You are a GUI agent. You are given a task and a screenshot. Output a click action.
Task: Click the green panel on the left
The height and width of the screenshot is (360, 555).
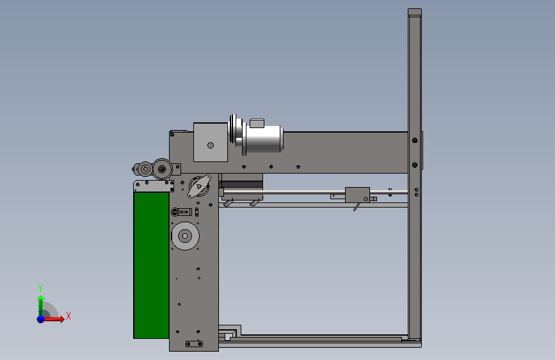(x=151, y=265)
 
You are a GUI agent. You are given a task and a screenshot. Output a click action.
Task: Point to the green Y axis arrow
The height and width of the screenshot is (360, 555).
(x=40, y=306)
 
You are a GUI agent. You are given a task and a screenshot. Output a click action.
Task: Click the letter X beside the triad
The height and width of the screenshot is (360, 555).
(x=68, y=316)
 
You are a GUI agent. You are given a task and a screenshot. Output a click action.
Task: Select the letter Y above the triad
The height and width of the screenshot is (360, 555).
(x=40, y=288)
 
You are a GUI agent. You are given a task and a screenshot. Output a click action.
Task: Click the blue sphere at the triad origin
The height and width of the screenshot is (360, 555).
(x=41, y=319)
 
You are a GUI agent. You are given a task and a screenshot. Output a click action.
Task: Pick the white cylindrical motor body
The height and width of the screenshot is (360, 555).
(x=262, y=139)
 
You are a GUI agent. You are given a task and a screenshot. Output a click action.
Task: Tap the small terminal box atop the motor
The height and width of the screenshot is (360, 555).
(x=257, y=123)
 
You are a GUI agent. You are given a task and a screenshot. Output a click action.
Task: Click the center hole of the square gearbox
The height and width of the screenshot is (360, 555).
(x=211, y=145)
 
